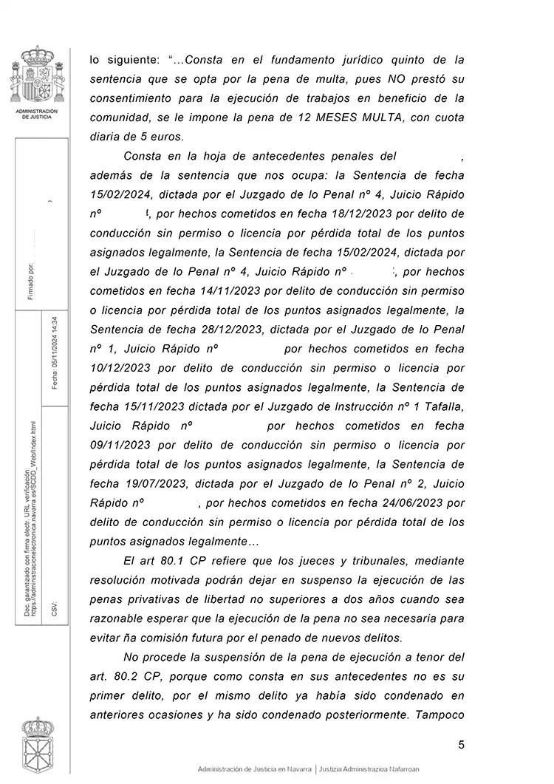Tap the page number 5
461,745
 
